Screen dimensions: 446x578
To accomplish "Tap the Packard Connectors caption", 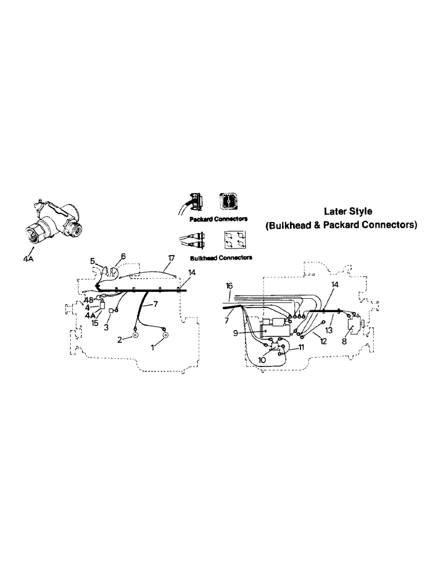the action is pyautogui.click(x=218, y=219).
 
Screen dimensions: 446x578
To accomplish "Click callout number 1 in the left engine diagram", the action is pyautogui.click(x=153, y=348).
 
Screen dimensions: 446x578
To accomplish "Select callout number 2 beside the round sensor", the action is pyautogui.click(x=120, y=340).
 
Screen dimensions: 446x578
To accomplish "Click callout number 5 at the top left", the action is pyautogui.click(x=92, y=261).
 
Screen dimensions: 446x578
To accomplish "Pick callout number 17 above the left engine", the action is pyautogui.click(x=170, y=258).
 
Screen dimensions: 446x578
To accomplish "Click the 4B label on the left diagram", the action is pyautogui.click(x=88, y=300).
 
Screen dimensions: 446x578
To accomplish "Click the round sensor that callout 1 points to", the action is pyautogui.click(x=165, y=335).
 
